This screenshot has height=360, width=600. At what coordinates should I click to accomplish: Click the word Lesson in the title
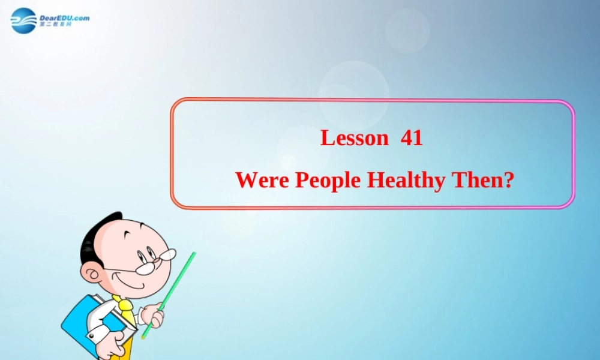(x=355, y=138)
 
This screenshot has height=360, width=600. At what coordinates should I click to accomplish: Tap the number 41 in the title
(x=412, y=138)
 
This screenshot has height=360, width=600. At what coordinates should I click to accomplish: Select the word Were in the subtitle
(x=262, y=180)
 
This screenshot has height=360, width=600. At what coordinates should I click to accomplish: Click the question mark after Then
(x=508, y=180)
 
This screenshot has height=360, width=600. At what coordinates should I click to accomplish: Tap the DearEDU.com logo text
(x=65, y=17)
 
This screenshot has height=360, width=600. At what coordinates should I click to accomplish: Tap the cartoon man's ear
(x=91, y=275)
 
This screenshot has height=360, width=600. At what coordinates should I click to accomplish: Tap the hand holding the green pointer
(x=153, y=316)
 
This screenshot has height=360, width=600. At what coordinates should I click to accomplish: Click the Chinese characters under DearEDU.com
(x=55, y=25)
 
